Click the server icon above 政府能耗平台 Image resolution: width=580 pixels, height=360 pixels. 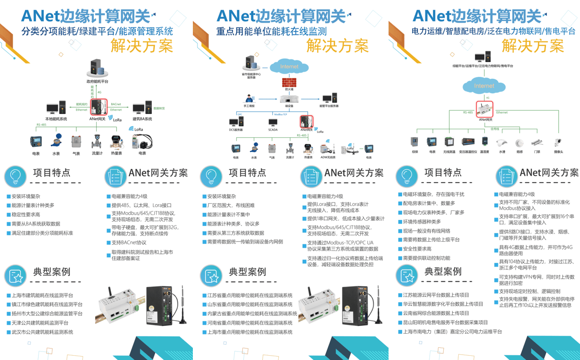[x=97, y=68]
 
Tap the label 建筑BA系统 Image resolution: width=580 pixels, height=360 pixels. [x=142, y=119]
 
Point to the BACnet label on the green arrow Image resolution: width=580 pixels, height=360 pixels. [x=116, y=104]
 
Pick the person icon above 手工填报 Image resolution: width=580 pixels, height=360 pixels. [x=249, y=99]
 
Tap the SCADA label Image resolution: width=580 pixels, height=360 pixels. [x=273, y=130]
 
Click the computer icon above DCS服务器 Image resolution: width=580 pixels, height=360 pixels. [x=236, y=122]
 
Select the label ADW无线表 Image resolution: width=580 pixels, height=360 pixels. [x=328, y=157]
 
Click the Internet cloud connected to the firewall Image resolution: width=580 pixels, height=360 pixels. [x=289, y=67]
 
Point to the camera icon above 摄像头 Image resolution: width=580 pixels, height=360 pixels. [x=558, y=142]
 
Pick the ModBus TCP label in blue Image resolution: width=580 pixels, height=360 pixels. [x=281, y=114]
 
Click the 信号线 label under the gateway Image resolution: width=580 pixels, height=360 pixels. [x=495, y=128]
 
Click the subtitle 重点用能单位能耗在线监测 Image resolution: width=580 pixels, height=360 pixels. [x=271, y=32]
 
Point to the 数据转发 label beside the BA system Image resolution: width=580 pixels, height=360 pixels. [x=159, y=109]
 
